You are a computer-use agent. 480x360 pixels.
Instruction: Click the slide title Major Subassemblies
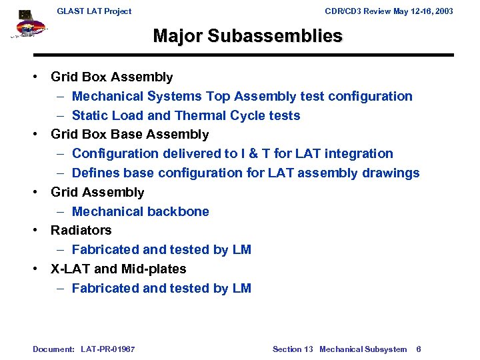[247, 35]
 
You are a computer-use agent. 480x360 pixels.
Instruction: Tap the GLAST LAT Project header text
[94, 11]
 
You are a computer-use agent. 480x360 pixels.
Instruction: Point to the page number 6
[418, 349]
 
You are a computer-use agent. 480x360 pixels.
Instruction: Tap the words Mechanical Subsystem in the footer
[363, 349]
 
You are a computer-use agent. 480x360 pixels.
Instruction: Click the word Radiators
[81, 231]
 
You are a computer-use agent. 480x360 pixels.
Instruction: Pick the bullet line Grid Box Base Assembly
[130, 135]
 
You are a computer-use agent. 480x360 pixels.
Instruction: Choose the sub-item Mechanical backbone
[141, 211]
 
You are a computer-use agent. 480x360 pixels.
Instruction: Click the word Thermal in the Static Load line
[200, 116]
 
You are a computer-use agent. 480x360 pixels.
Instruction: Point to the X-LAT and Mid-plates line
[119, 269]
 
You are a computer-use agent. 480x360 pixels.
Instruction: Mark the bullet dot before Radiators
[37, 231]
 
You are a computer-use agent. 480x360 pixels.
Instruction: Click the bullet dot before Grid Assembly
[37, 193]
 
